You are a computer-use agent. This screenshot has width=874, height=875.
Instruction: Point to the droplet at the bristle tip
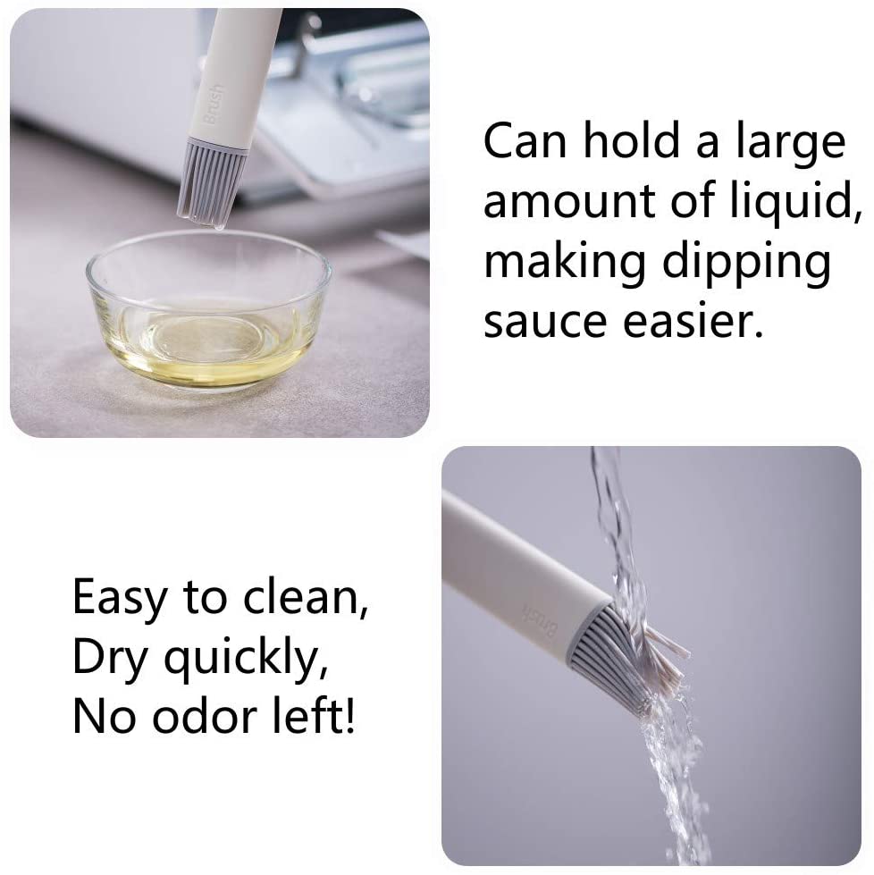pos(218,224)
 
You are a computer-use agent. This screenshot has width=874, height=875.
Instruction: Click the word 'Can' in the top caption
pos(525,140)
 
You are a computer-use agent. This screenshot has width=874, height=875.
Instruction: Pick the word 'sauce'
pos(545,323)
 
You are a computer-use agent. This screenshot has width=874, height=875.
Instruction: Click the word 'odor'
pos(205,716)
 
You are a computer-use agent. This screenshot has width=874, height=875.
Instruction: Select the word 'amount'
pos(568,201)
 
